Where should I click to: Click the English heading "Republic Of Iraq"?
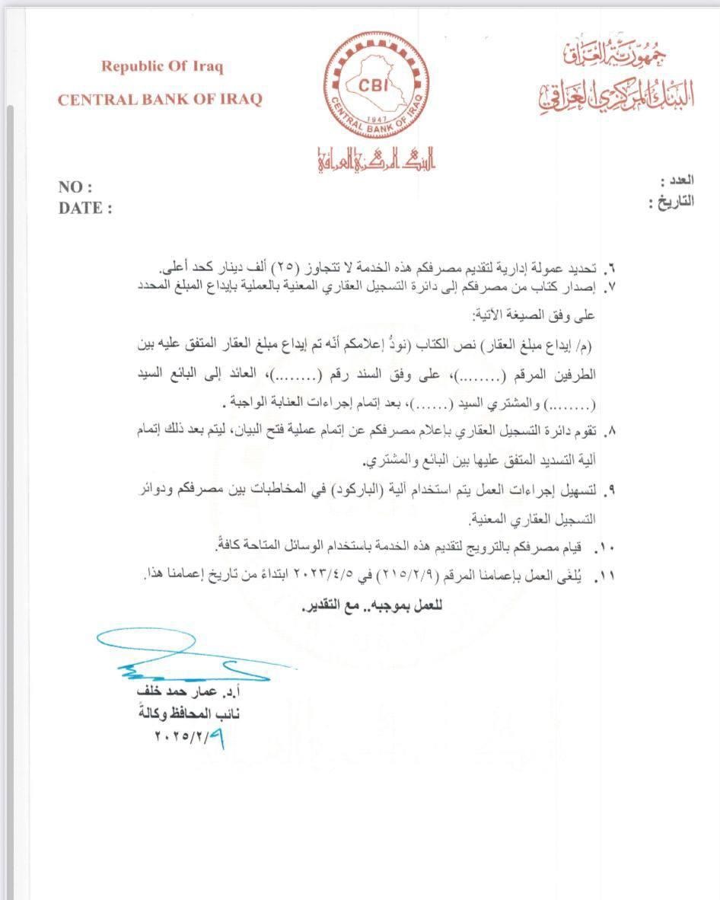pyautogui.click(x=162, y=66)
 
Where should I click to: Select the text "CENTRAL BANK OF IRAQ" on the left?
pyautogui.click(x=159, y=99)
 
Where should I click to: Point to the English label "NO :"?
pyautogui.click(x=75, y=187)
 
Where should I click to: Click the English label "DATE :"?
pyautogui.click(x=84, y=208)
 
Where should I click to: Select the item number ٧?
pyautogui.click(x=610, y=289)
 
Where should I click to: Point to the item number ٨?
pyautogui.click(x=610, y=432)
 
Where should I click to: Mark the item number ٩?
pyautogui.click(x=610, y=489)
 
